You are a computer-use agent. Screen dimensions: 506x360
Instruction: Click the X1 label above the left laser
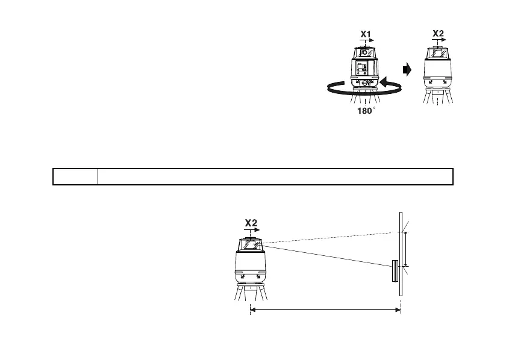click(365, 34)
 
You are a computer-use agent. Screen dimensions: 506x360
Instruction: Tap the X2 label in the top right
click(439, 33)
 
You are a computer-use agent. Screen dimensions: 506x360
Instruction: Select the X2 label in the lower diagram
click(251, 223)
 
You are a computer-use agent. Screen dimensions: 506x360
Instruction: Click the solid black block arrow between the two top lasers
click(407, 70)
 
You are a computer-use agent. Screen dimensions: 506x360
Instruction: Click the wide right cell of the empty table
click(275, 176)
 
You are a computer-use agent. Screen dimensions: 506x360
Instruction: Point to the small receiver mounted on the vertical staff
click(394, 271)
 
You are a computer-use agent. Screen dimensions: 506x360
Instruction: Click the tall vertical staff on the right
click(400, 253)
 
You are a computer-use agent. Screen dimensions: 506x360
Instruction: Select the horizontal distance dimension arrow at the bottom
click(325, 310)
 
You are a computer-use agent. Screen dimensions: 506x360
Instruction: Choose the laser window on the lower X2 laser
click(251, 244)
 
